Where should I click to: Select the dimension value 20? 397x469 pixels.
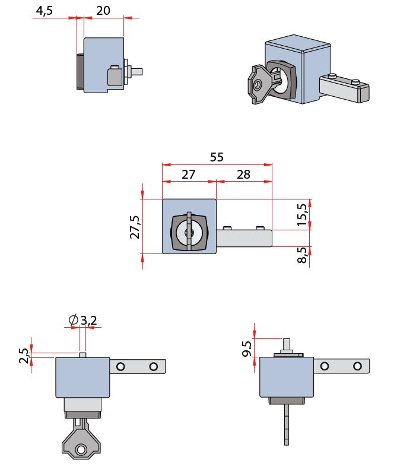pos(103,11)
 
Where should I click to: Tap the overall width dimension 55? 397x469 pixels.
pos(217,157)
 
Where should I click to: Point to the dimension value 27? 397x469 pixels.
pos(188,175)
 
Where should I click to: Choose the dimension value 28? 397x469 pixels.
pos(243,175)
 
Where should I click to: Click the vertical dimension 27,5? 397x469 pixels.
pos(135,227)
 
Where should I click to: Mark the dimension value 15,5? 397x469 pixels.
pos(303,215)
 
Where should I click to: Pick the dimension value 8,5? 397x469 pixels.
pos(303,255)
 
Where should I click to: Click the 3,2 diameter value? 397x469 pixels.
pos(89,321)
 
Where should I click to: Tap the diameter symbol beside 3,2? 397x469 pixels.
pos(74,321)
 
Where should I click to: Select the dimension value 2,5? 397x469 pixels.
pos(24,356)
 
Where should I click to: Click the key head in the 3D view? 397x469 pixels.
pos(258,85)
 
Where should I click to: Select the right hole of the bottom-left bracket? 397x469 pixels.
pos(153,366)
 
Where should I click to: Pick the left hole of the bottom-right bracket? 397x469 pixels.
pos(324,366)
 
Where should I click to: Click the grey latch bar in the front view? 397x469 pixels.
pos(244,238)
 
